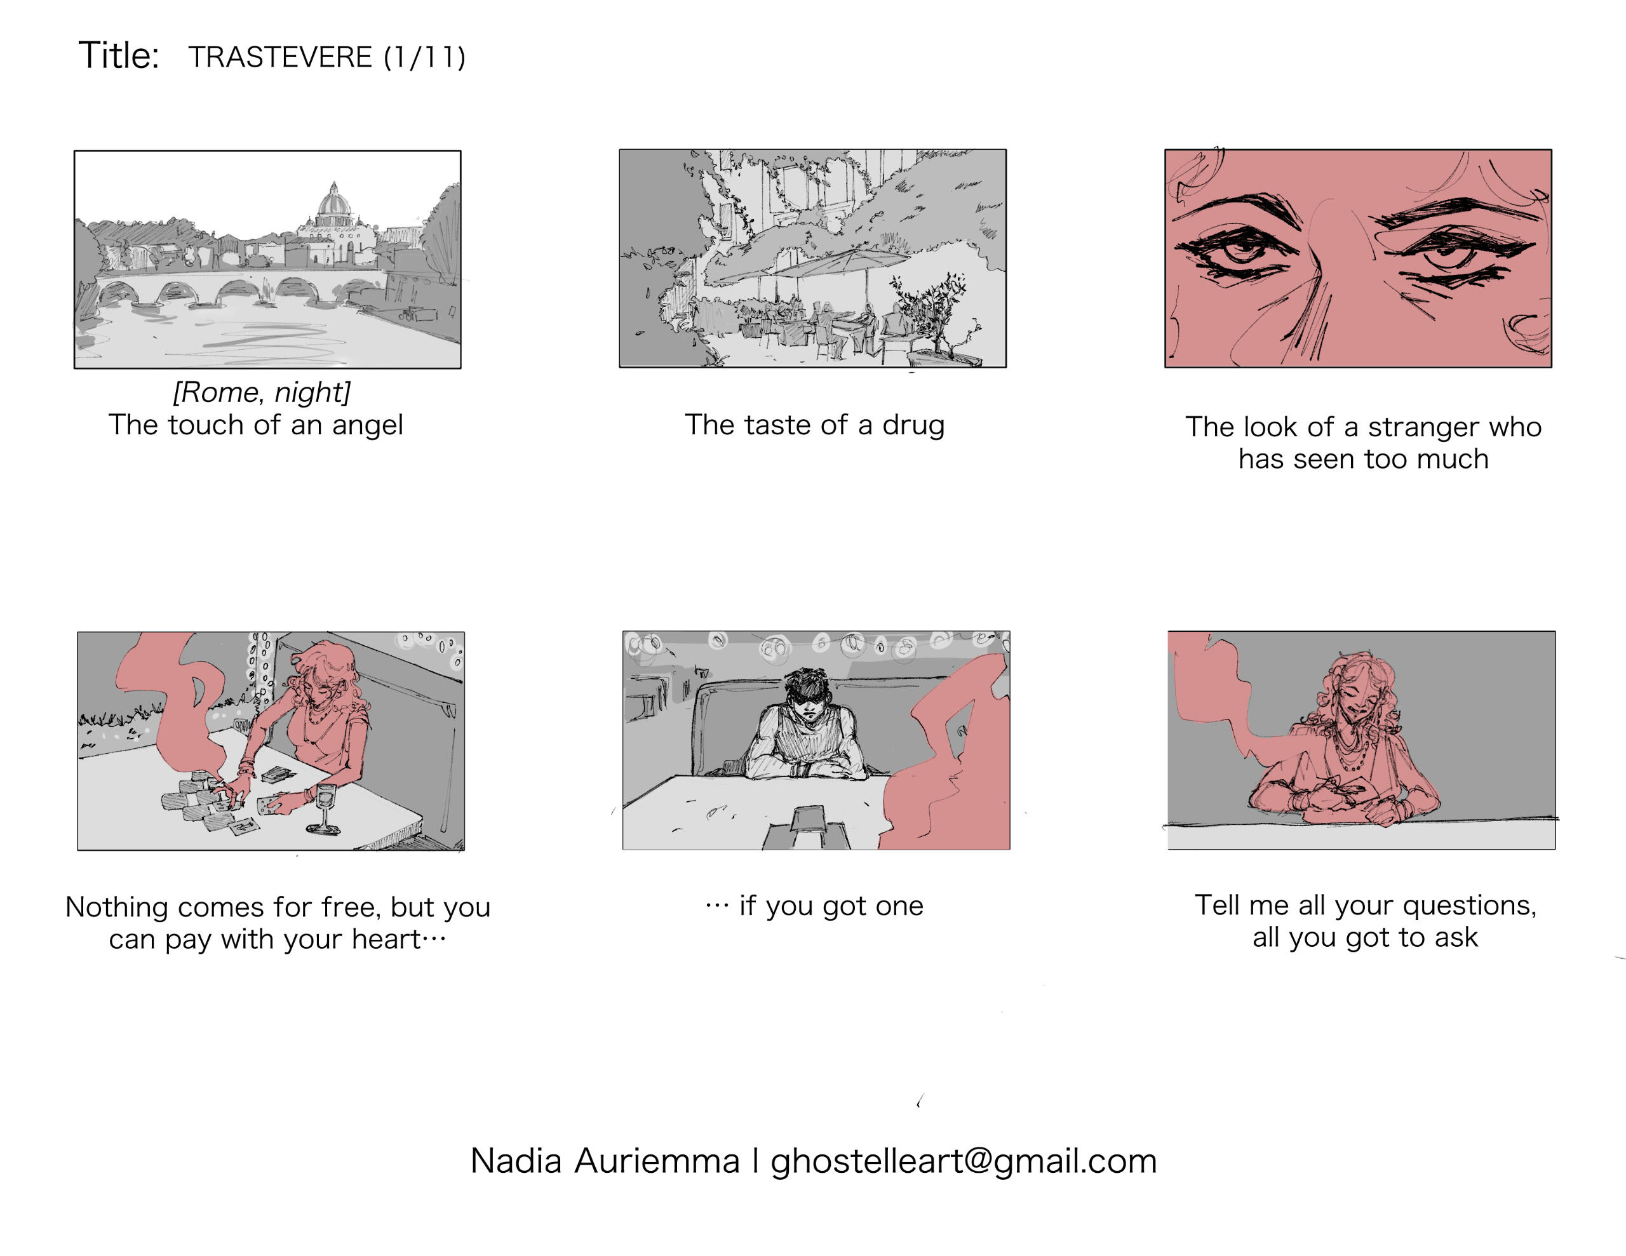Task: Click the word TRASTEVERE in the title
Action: pos(280,57)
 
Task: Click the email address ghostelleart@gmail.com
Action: pos(964,1161)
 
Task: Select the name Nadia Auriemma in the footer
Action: pos(605,1161)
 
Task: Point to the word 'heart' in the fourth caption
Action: pos(386,939)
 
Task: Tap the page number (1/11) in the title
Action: pos(424,57)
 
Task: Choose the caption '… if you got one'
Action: pos(814,906)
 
